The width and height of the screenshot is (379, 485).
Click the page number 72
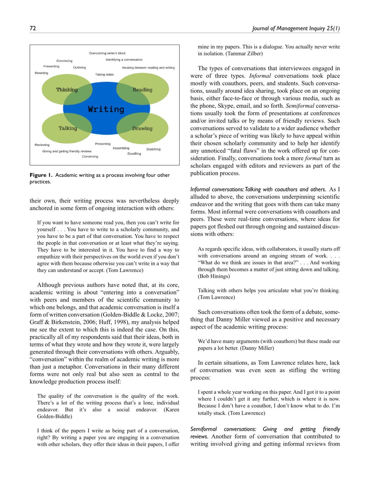pos(33,28)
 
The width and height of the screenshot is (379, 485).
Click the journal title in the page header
pos(296,28)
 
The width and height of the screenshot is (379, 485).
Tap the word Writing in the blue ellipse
pos(106,109)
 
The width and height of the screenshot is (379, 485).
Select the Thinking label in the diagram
pos(67,89)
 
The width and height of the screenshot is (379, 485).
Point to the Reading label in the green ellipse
pos(142,89)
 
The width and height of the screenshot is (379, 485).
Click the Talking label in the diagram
pos(68,128)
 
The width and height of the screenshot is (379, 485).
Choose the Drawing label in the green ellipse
pos(142,128)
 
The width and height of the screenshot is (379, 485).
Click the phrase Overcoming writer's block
pos(107,53)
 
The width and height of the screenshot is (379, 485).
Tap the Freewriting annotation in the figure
pos(51,66)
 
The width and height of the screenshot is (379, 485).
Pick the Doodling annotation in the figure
pos(134,154)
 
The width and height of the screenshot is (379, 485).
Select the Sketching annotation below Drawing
pos(153,149)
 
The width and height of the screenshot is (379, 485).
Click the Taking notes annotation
pos(104,74)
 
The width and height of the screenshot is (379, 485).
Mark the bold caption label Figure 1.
pos(41,175)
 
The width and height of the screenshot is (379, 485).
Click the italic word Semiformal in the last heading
pos(204,429)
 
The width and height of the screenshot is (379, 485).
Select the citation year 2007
pos(173,315)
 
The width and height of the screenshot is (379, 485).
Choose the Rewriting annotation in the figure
pos(41,73)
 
